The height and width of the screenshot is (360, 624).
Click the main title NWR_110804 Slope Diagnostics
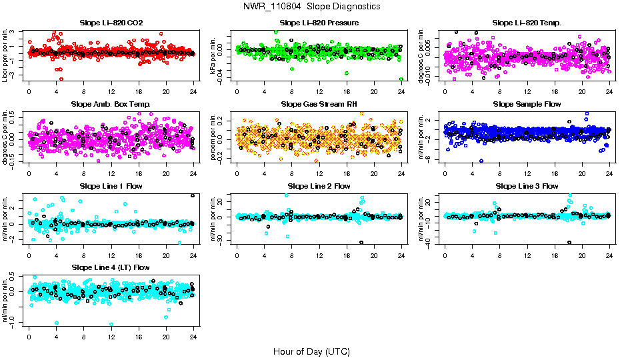(x=312, y=6)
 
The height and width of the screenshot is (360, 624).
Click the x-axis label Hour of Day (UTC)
(x=311, y=351)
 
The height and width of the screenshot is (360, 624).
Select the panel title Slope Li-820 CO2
(x=111, y=23)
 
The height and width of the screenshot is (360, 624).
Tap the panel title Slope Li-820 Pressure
(x=319, y=23)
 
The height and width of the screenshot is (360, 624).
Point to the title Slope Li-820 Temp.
(x=527, y=23)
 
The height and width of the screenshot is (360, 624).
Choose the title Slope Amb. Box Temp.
(x=111, y=105)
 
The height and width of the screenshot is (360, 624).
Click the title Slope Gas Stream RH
(x=319, y=105)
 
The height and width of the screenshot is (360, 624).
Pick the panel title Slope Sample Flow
(x=527, y=105)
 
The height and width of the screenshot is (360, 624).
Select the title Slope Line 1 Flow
(x=111, y=186)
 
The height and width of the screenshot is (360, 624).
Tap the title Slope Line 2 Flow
(x=319, y=186)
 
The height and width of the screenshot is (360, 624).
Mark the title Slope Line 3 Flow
(x=527, y=186)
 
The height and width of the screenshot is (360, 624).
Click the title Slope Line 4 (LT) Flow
(x=111, y=267)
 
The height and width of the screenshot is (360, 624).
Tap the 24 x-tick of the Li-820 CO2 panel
(x=193, y=91)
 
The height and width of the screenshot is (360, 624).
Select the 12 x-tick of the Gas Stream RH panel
(x=319, y=172)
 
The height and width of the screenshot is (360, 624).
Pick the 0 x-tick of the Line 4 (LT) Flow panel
(x=29, y=335)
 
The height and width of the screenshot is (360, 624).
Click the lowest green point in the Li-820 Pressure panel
(x=401, y=79)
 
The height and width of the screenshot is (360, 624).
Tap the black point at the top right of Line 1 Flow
(x=193, y=195)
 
